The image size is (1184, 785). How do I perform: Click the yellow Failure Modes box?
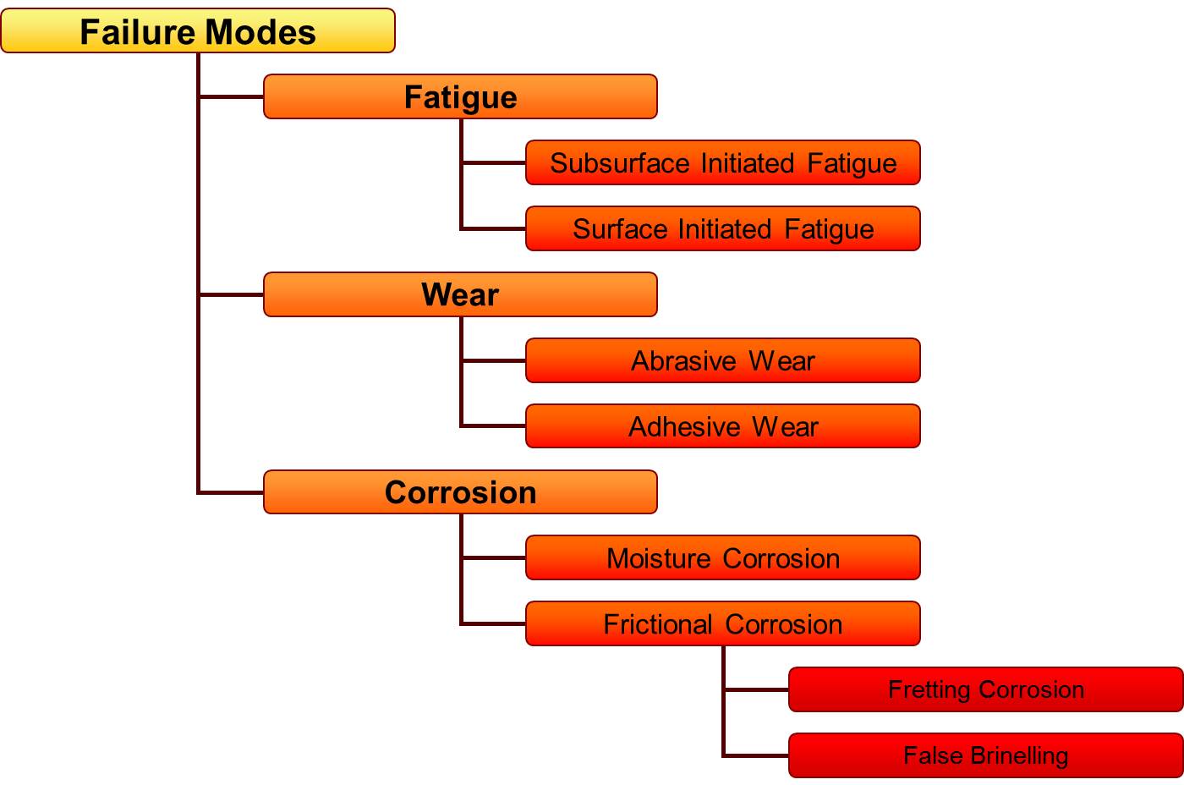pyautogui.click(x=198, y=31)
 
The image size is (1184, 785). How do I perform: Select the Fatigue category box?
pyautogui.click(x=460, y=96)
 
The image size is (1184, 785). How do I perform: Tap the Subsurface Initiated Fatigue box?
pyautogui.click(x=722, y=162)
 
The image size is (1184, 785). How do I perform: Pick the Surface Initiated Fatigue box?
pyautogui.click(x=722, y=228)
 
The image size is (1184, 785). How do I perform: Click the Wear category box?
pyautogui.click(x=460, y=294)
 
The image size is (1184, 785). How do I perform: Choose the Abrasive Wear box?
pyautogui.click(x=722, y=360)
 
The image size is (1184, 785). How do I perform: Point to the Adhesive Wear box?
pyautogui.click(x=722, y=426)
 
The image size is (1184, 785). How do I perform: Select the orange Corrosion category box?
pyautogui.click(x=460, y=492)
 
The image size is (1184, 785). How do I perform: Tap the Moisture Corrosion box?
pyautogui.click(x=722, y=558)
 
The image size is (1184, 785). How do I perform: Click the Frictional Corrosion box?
pyautogui.click(x=722, y=624)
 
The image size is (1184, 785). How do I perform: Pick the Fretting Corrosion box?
pyautogui.click(x=985, y=689)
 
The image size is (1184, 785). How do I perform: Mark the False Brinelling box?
pyautogui.click(x=985, y=755)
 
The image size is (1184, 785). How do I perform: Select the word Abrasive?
pyautogui.click(x=683, y=361)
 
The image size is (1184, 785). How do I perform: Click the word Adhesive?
pyautogui.click(x=684, y=426)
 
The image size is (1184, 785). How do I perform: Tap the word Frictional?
pyautogui.click(x=658, y=624)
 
